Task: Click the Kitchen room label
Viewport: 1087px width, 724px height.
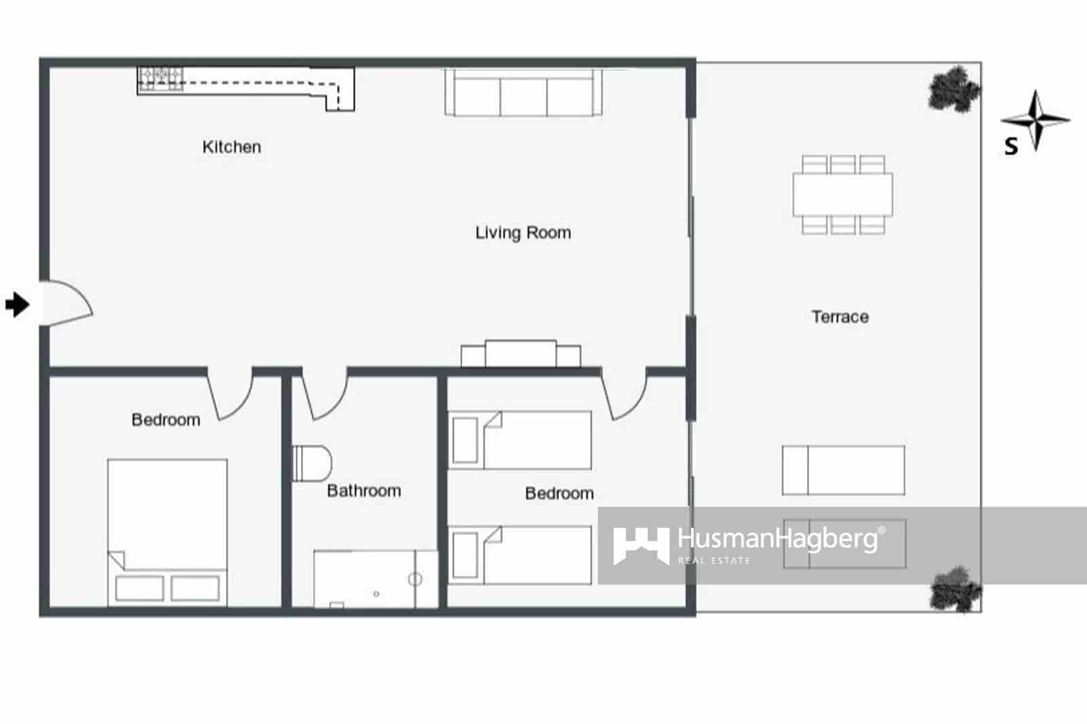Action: coord(232,147)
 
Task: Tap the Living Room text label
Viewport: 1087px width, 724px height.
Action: coord(523,233)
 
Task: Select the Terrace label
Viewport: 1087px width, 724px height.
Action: coord(840,316)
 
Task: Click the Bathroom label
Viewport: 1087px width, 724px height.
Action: coord(363,490)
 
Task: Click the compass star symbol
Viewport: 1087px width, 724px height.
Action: coord(1035,120)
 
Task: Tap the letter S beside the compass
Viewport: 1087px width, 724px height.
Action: coord(1011,146)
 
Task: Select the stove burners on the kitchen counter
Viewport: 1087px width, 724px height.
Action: coord(160,78)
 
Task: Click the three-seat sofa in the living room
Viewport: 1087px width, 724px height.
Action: coord(523,93)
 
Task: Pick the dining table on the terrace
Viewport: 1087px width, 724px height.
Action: coord(842,194)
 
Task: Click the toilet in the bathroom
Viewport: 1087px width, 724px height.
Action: coord(311,463)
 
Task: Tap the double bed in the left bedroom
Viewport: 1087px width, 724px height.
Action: coord(167,531)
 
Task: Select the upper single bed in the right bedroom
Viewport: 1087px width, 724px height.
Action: coord(520,440)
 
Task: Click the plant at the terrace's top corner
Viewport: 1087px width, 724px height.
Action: coord(954,88)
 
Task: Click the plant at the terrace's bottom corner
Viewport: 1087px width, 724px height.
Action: coord(955,589)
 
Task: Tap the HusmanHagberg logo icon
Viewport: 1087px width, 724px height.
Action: coord(640,545)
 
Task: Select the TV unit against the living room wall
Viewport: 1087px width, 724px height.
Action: coord(520,354)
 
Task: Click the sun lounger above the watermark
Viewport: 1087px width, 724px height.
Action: coord(843,470)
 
